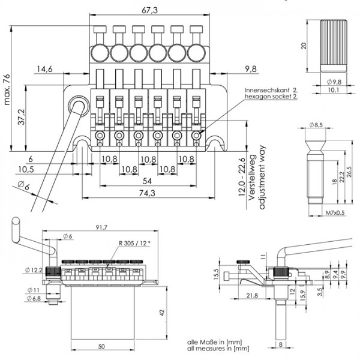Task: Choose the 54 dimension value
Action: coord(146,180)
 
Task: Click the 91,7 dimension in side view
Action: coord(101,228)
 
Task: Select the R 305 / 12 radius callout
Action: coord(133,244)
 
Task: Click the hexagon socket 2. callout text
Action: coord(271,96)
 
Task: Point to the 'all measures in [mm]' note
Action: coord(218,347)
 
